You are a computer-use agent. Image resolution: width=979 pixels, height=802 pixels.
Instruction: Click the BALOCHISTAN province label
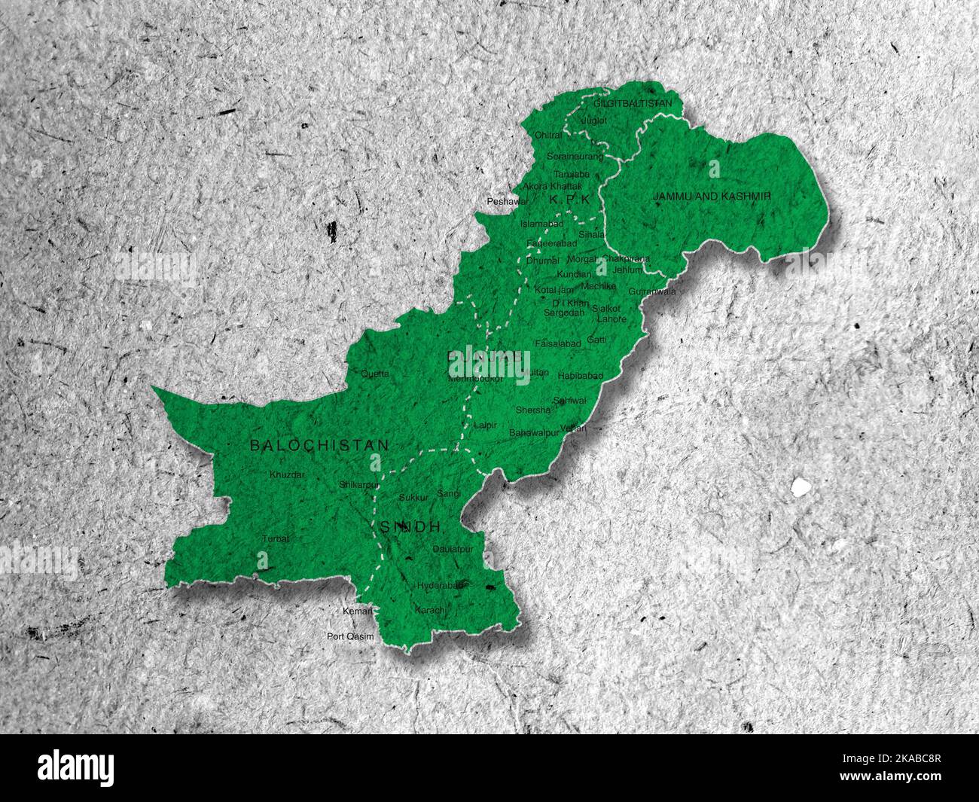[x=319, y=445]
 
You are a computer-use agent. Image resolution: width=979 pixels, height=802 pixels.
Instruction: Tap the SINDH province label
[x=408, y=527]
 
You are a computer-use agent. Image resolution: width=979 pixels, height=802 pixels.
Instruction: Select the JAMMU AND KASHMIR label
[x=712, y=196]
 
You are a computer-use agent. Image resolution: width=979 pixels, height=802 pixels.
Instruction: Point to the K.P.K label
[x=569, y=199]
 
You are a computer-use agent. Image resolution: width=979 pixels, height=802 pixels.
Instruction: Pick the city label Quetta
[x=375, y=374]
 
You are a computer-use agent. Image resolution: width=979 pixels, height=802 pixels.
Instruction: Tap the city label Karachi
[x=431, y=608]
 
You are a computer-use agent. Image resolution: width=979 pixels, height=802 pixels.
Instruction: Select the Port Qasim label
[x=350, y=636]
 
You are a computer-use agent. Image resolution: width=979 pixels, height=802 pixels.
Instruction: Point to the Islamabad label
[x=541, y=224]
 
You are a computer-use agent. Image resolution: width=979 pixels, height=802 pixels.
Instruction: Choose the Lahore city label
[x=611, y=319]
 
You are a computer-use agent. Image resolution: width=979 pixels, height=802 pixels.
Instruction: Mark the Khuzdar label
[x=287, y=475]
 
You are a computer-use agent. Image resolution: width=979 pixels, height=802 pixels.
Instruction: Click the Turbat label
[x=276, y=538]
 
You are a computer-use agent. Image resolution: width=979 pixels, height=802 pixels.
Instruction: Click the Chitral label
[x=547, y=136]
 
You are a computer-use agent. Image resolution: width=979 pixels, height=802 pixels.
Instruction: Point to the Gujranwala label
[x=652, y=291]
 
